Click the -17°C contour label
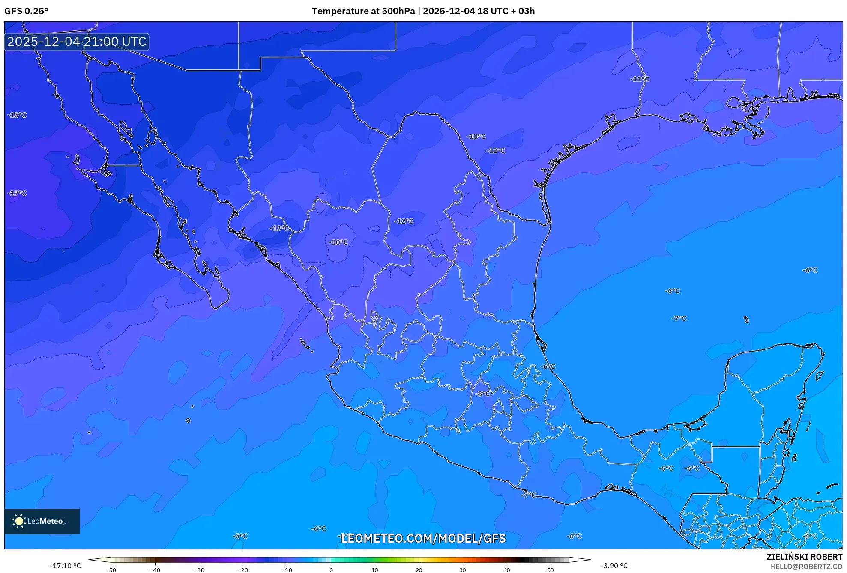point(17,193)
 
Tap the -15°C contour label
point(17,115)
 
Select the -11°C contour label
point(640,79)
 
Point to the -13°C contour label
point(279,228)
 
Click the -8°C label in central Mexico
point(482,394)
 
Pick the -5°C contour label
point(240,536)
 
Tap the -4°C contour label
point(811,536)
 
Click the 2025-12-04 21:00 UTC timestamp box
point(77,42)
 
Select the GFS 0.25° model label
point(27,11)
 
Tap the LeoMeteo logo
point(42,521)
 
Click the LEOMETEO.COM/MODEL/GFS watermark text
point(423,538)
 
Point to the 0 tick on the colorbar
point(331,570)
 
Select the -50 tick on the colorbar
point(111,570)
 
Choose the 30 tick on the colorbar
point(463,570)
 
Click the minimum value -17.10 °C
point(65,566)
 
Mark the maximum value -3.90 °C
point(614,566)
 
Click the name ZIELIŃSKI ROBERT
point(804,557)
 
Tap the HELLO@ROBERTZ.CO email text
point(806,567)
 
